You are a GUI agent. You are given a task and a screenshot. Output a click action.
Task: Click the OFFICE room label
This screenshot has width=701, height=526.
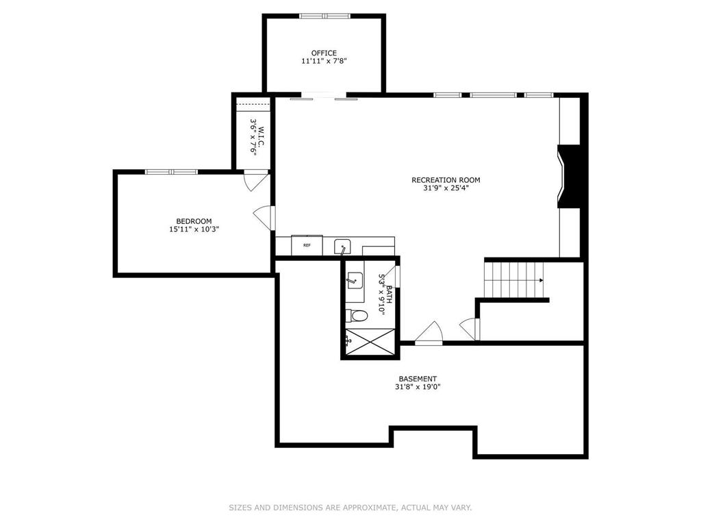324,53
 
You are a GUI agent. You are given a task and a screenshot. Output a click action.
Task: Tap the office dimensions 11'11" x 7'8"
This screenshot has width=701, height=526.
324,61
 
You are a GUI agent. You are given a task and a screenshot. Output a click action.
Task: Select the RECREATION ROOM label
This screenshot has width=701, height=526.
446,180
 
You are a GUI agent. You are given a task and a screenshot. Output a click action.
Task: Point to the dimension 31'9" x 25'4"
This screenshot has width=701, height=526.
446,188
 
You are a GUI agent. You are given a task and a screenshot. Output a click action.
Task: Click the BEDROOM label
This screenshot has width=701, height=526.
194,221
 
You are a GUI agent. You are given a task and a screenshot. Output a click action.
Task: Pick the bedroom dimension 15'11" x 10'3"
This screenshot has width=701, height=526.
194,229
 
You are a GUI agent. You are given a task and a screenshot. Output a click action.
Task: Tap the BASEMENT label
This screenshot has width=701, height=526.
418,379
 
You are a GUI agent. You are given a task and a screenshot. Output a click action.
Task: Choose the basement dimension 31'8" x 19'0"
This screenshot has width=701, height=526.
418,387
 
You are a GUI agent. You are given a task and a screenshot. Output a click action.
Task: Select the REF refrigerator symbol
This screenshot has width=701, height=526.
307,245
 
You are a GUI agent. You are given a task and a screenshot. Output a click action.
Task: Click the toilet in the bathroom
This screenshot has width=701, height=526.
357,315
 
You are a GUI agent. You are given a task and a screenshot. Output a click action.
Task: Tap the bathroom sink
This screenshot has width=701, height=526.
355,280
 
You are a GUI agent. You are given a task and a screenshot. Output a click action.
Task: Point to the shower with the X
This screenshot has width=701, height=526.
370,341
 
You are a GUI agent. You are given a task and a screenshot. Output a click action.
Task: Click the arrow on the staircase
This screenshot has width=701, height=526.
540,280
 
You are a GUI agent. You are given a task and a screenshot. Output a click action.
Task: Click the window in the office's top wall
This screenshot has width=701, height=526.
324,16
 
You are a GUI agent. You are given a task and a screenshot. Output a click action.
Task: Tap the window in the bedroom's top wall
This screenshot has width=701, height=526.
171,171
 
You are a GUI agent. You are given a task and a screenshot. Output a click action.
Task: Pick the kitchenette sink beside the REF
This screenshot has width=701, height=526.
342,246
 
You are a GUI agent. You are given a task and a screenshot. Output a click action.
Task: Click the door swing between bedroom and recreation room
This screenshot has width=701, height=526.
265,217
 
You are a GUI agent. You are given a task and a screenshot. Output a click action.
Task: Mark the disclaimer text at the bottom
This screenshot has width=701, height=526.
350,508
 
